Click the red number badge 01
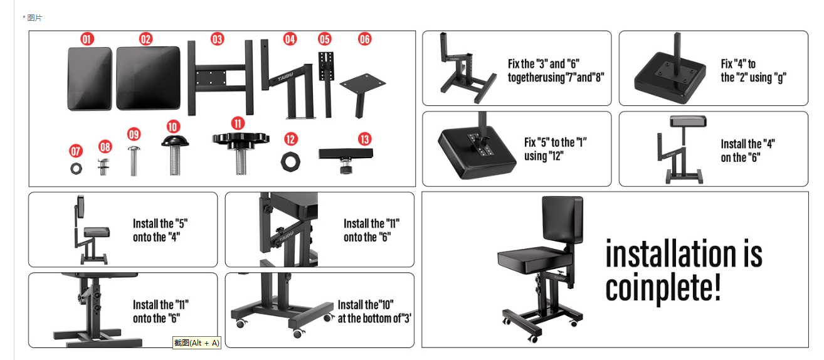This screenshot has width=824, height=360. (87, 39)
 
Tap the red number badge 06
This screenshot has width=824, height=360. (364, 39)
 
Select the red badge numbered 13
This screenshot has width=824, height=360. (364, 139)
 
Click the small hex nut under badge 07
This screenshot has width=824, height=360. (76, 169)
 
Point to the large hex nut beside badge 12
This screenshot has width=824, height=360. (290, 162)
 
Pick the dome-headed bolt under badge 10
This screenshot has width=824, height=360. (175, 155)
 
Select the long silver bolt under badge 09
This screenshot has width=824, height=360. (134, 161)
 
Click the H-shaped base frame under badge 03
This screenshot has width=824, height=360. (220, 78)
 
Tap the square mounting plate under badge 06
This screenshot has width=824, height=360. (362, 95)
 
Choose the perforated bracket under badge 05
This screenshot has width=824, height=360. (326, 85)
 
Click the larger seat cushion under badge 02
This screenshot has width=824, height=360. (149, 78)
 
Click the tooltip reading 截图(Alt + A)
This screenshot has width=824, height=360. (197, 342)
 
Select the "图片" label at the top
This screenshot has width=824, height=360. (34, 18)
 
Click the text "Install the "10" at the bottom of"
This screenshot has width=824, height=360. (374, 312)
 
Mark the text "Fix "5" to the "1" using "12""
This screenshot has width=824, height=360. (555, 149)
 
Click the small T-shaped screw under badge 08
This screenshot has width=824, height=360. (103, 167)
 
